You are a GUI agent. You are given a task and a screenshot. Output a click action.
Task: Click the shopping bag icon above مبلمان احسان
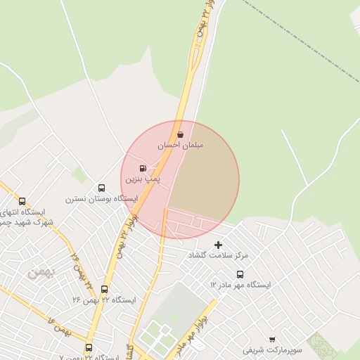click(180, 134)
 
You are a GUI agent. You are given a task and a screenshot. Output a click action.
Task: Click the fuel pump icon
click(143, 169)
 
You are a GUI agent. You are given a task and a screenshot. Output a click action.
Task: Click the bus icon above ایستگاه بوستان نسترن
click(102, 188)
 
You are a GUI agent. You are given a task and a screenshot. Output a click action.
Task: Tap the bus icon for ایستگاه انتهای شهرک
click(22, 201)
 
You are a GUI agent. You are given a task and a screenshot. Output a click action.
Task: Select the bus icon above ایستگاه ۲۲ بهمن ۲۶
click(105, 289)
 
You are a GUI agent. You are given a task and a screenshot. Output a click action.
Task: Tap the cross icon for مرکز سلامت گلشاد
click(218, 245)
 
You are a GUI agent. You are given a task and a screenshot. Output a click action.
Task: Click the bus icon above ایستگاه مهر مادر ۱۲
click(240, 274)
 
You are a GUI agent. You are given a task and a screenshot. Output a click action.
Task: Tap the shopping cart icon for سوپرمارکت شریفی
click(272, 339)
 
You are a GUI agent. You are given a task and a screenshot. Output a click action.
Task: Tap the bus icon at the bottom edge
click(89, 347)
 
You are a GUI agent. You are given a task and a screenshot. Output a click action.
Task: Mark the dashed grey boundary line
click(302, 42)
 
